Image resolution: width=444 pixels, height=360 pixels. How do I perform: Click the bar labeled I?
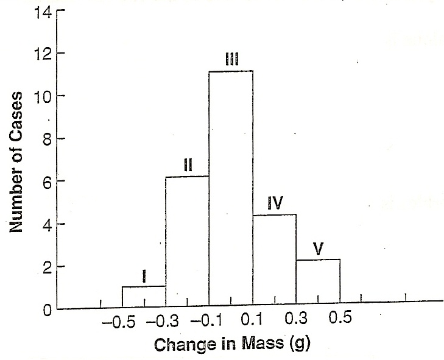[144, 297]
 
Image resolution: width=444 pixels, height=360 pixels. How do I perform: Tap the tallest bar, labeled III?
[231, 189]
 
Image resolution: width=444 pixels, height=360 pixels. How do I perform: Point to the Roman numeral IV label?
[275, 203]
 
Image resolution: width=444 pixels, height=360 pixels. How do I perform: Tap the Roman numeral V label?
[317, 249]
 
